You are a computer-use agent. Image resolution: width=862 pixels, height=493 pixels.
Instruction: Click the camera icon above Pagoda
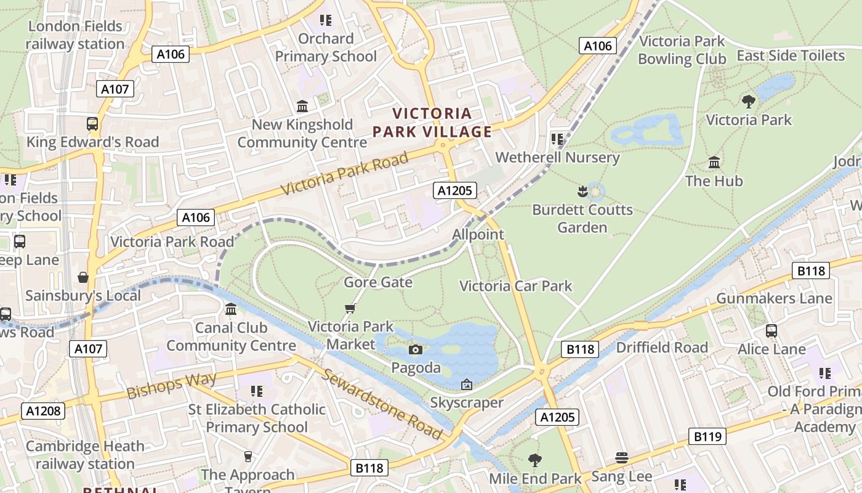click(x=416, y=350)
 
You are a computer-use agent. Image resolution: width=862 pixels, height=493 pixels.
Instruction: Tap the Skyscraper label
click(x=467, y=403)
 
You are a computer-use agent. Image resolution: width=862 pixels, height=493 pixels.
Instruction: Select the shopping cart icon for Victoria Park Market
click(x=350, y=308)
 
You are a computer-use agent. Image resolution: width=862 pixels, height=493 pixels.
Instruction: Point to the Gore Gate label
click(x=378, y=282)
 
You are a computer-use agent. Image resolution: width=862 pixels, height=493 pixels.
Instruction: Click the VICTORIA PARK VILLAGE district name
click(x=432, y=123)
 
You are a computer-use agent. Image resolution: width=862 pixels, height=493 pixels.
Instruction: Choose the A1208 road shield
click(x=43, y=411)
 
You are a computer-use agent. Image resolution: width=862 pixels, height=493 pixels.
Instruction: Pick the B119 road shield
click(x=707, y=437)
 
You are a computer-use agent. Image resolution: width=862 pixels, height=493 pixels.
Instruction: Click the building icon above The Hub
click(x=714, y=163)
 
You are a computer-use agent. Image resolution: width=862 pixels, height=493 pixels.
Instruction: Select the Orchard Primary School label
click(x=326, y=47)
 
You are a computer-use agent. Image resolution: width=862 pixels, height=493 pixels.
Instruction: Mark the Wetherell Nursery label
click(x=557, y=157)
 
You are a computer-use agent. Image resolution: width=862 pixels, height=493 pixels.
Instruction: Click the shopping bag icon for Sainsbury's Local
click(x=83, y=277)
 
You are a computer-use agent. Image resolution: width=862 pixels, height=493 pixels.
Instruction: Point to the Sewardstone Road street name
click(x=382, y=404)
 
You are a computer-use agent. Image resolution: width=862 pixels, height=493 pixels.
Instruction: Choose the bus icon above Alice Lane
click(x=771, y=331)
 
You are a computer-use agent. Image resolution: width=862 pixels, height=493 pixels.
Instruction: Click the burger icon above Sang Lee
click(x=621, y=458)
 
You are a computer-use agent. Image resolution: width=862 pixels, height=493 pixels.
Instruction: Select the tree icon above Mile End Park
click(x=534, y=460)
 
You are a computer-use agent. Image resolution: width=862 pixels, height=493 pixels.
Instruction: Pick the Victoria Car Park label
click(x=516, y=286)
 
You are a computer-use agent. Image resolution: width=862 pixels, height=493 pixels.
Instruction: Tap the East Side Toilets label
click(x=791, y=55)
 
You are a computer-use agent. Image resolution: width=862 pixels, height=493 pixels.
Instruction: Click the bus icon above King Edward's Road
click(x=92, y=124)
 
